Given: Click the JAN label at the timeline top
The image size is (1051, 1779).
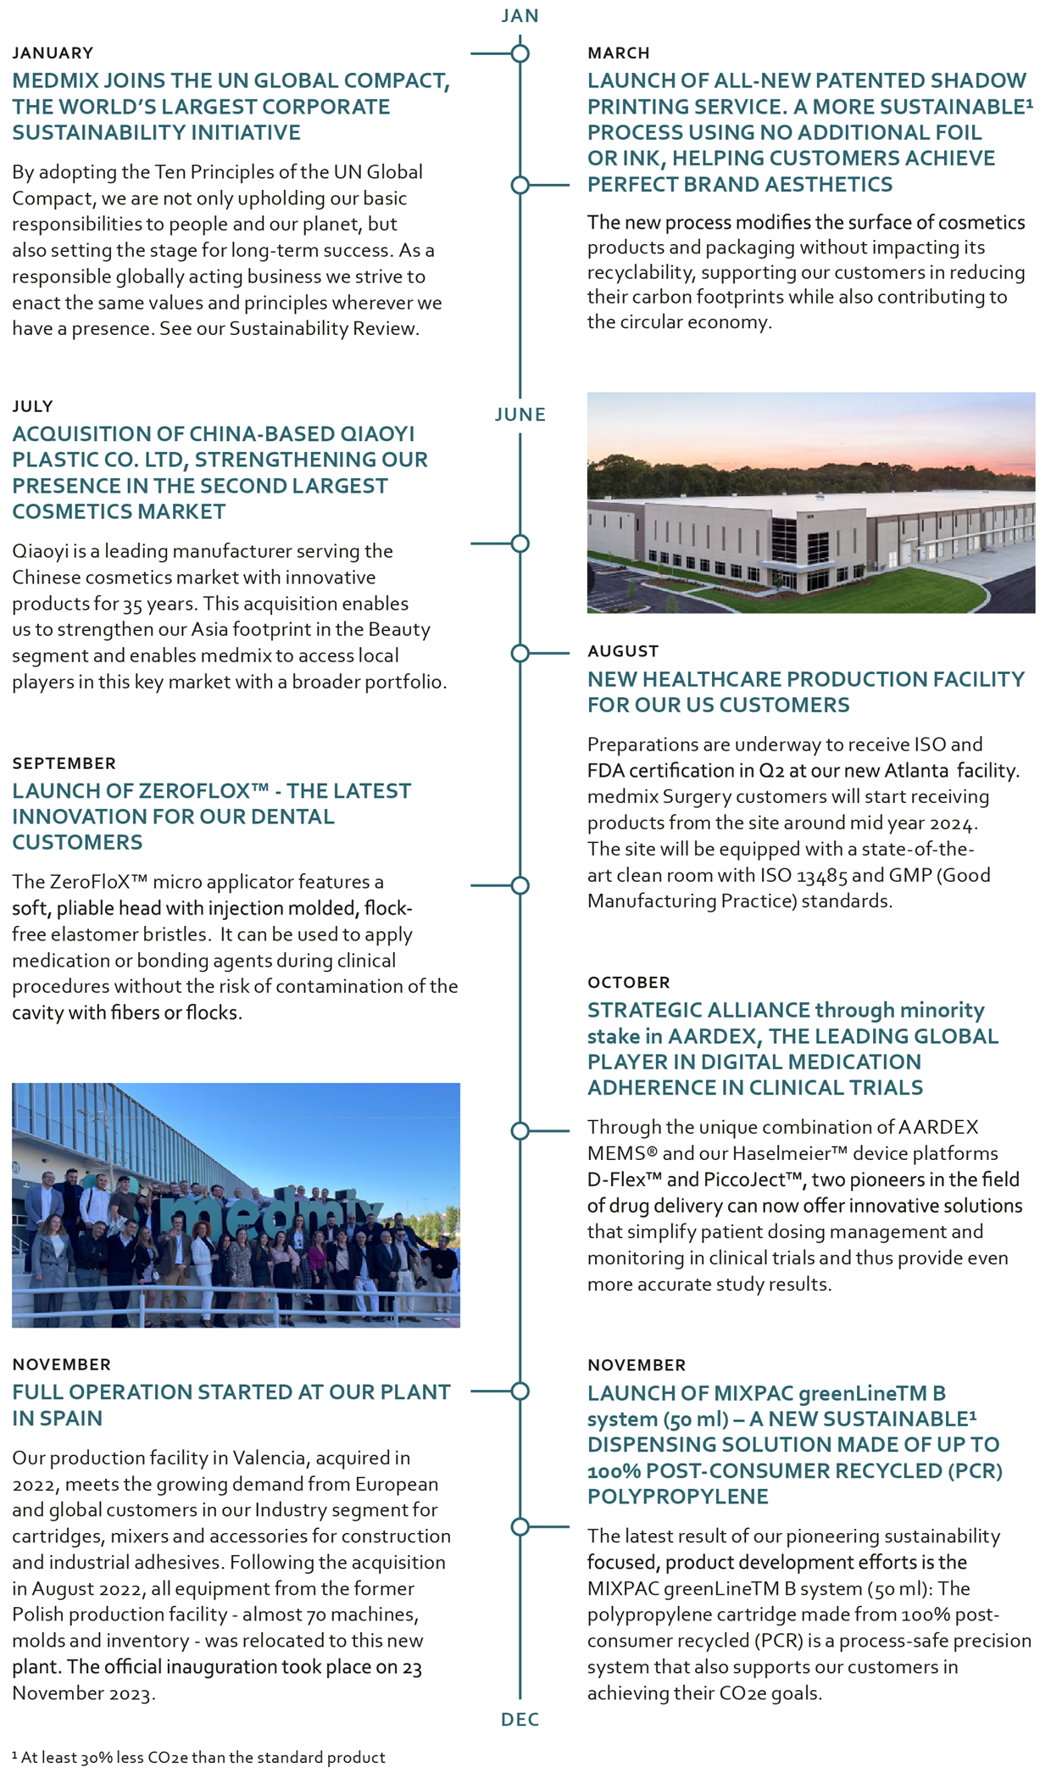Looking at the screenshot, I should coord(520,16).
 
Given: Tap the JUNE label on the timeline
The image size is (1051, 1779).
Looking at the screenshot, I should coord(520,415).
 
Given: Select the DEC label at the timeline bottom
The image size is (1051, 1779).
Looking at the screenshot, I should coord(520,1719).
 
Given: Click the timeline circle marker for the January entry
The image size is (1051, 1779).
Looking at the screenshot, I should coord(520,53).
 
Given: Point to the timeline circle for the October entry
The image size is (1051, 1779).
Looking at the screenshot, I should coord(520,1130).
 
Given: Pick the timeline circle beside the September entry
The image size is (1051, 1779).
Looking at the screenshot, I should coord(520,885).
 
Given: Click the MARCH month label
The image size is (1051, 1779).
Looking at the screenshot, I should coord(618,53).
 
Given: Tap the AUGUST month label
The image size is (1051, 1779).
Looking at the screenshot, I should coord(623,651).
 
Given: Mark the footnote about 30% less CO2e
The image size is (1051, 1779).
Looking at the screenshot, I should coord(199,1758).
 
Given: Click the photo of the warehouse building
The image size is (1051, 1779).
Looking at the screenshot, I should coord(810,502).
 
